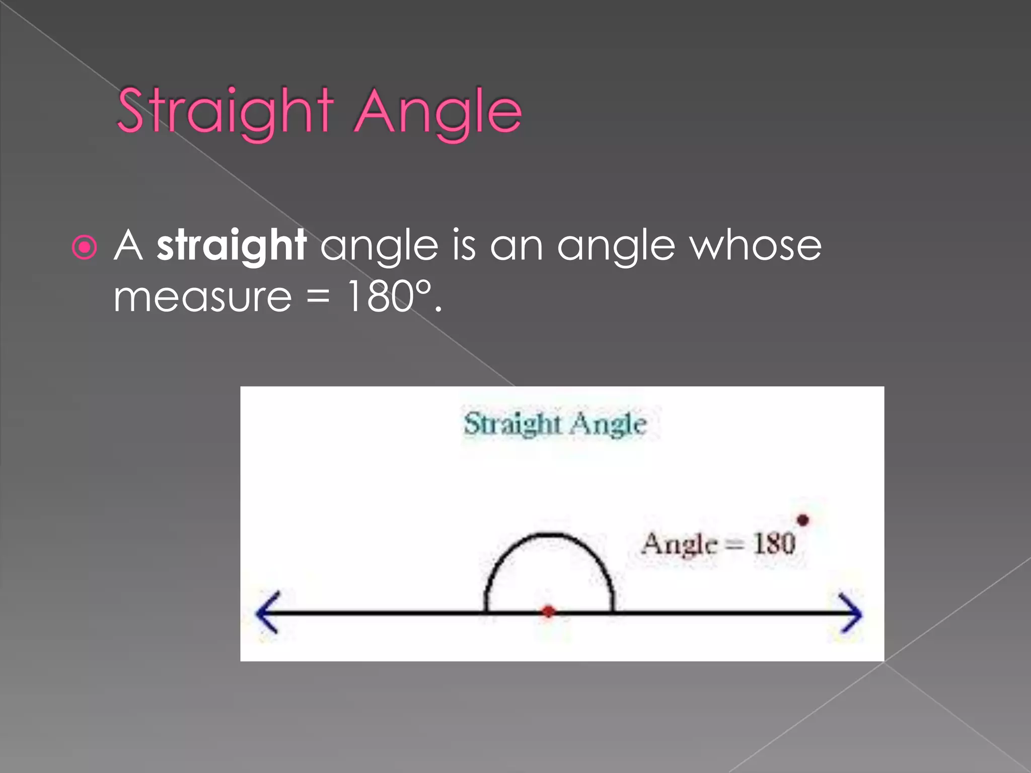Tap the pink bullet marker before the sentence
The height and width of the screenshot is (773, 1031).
[x=85, y=247]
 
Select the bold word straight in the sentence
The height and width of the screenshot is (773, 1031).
[x=232, y=246]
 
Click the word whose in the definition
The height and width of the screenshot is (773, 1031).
[x=755, y=246]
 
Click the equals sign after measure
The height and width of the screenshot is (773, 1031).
[x=318, y=297]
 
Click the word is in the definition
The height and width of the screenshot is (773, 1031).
[x=464, y=246]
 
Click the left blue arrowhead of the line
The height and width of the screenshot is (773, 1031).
[x=267, y=612]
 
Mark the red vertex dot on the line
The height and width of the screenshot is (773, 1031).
[x=548, y=611]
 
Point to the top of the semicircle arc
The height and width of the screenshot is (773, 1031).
[x=549, y=534]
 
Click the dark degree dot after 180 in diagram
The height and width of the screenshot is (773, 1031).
[x=803, y=520]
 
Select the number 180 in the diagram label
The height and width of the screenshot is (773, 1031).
[x=774, y=544]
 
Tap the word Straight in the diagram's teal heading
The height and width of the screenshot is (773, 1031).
[x=512, y=424]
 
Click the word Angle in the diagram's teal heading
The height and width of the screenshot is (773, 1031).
[x=609, y=424]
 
